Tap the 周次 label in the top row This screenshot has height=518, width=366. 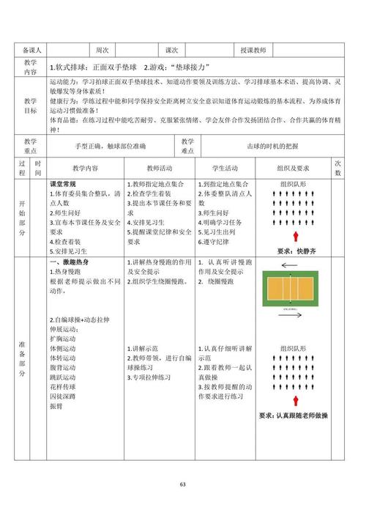point(102,50)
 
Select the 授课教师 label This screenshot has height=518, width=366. point(253,50)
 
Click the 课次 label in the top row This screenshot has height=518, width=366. point(172,50)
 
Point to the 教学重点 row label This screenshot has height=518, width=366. point(30,145)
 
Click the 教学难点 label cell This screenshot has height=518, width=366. point(187,145)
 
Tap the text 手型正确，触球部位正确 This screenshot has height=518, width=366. point(110,145)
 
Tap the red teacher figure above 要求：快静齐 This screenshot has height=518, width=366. point(296,236)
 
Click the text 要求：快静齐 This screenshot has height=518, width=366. point(296,250)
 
